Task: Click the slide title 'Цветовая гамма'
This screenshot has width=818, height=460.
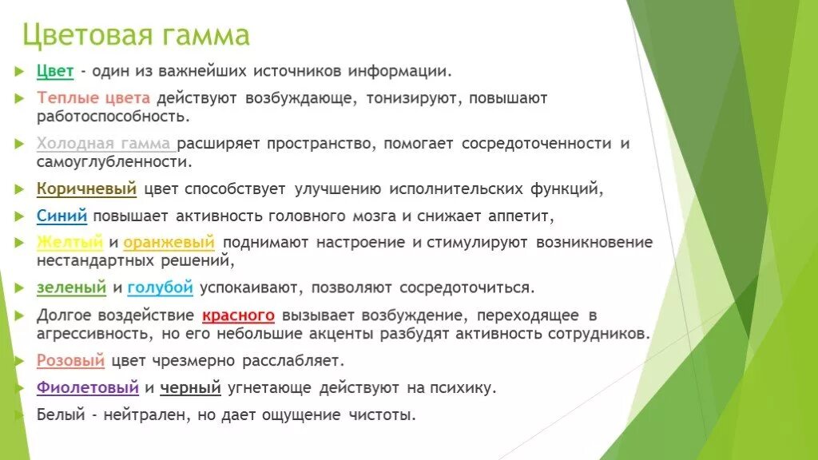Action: pos(135,35)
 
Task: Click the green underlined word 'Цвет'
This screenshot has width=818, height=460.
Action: pos(55,71)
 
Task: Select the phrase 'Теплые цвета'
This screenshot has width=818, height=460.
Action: pos(93,98)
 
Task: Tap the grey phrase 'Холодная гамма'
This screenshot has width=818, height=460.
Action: pos(105,144)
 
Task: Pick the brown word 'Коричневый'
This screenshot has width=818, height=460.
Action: pos(86,189)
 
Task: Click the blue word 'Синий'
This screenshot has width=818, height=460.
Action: pos(62,216)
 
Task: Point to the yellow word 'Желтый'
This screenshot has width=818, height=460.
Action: pos(70,241)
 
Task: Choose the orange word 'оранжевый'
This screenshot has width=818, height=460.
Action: pos(169,241)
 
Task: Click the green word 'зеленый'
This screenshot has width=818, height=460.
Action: pos(71,287)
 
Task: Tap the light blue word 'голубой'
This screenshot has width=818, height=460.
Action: pos(160,287)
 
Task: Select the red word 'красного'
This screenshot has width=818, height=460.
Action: pos(238,314)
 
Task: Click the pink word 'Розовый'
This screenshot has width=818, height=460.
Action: pos(70,360)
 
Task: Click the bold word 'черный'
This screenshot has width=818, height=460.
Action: pos(190,388)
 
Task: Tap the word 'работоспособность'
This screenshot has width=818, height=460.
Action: pos(113,117)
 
